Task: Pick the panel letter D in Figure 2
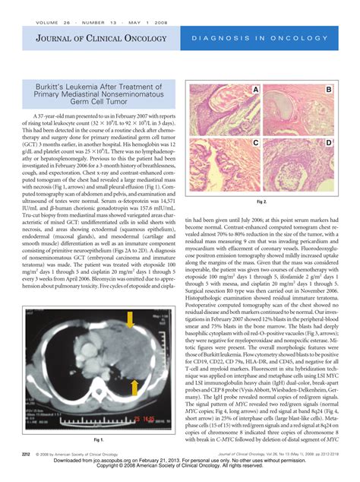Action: click(x=329, y=143)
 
